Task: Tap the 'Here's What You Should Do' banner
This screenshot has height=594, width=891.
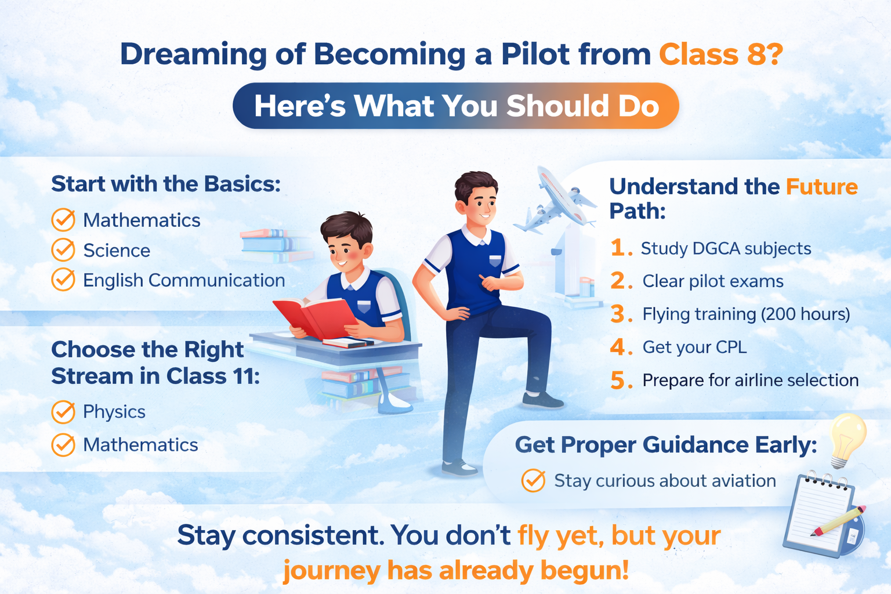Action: [x=456, y=106]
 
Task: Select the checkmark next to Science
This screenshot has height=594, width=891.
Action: [x=63, y=250]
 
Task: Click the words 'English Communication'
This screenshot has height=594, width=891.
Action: [x=184, y=280]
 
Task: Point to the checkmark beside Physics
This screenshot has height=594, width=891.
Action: [x=63, y=412]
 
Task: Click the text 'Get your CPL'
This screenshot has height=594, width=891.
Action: [x=694, y=347]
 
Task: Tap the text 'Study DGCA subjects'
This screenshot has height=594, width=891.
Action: [x=726, y=249]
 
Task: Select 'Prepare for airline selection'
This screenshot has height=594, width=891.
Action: [x=751, y=380]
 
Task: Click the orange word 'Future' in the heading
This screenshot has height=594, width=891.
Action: [x=822, y=187]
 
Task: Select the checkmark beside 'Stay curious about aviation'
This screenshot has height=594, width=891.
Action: [x=533, y=480]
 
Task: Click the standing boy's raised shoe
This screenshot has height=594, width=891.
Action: [x=542, y=400]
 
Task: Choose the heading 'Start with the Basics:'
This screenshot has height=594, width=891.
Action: [x=166, y=184]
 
